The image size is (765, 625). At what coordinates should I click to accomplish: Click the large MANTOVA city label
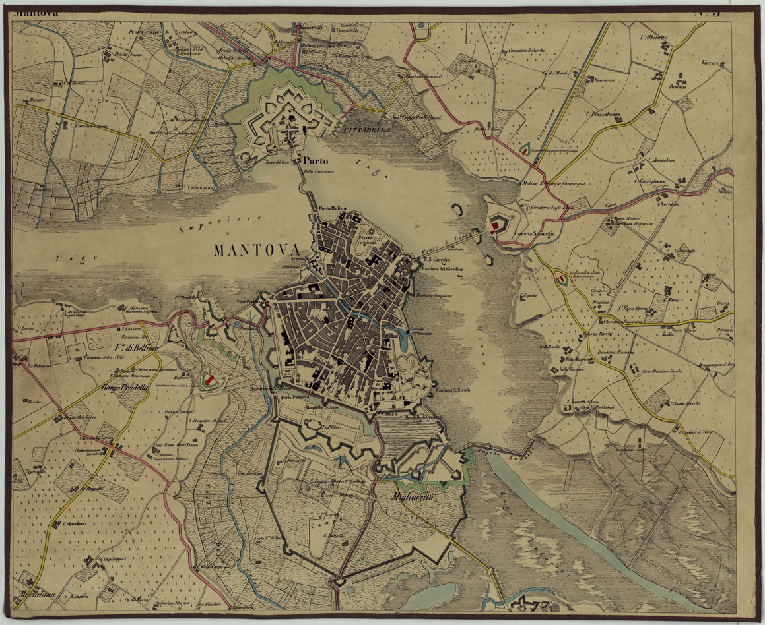coord(256,251)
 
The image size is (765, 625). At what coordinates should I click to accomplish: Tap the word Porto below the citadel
coord(316,160)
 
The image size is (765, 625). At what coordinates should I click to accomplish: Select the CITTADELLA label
coord(367,131)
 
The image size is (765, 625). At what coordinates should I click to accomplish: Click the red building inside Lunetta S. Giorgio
coord(494,225)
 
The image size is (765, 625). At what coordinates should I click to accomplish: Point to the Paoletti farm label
coord(677,86)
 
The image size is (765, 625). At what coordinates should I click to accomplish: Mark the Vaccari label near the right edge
coord(710,63)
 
